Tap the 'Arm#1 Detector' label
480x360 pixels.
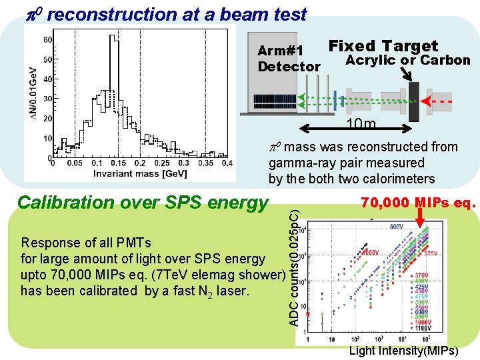288,59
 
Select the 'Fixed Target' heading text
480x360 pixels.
383,46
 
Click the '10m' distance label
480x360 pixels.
360,125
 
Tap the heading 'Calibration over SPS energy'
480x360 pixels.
142,203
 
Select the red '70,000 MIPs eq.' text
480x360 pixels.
419,202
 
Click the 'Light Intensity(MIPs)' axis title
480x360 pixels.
403,351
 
